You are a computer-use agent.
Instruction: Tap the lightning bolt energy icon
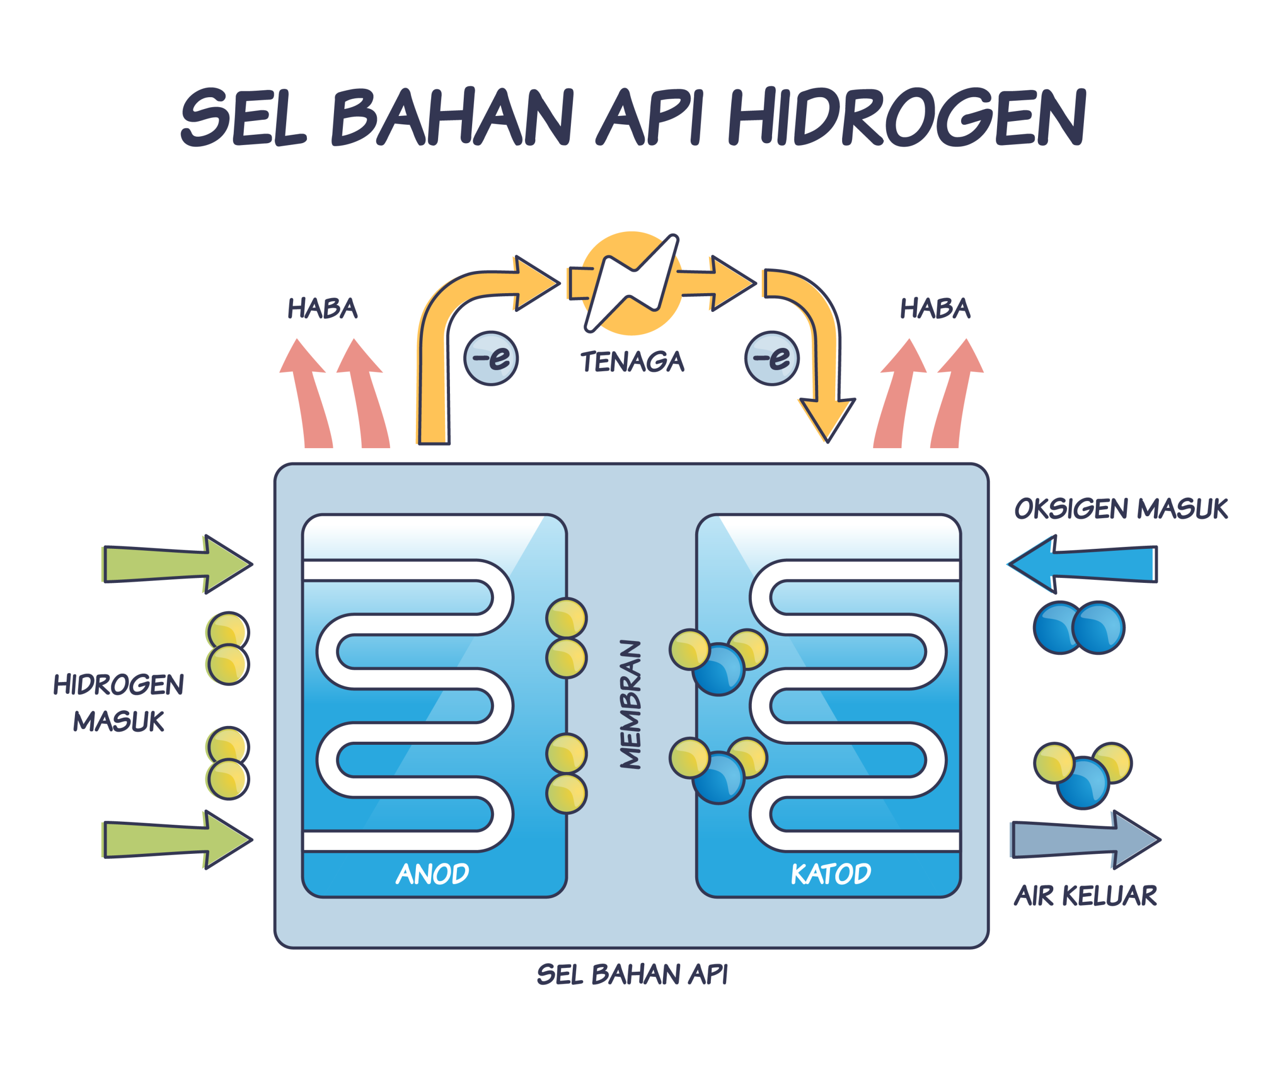pos(632,283)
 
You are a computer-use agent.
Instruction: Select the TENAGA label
pos(632,362)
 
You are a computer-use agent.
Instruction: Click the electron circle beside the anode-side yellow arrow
pos(491,358)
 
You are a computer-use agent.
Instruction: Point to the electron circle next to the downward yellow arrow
pos(772,358)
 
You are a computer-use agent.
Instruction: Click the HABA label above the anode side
pos(323,308)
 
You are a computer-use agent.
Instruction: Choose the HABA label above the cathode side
pos(935,308)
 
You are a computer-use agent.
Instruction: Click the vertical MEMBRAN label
pos(631,704)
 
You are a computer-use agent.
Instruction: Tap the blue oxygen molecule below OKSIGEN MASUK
pos(1079,628)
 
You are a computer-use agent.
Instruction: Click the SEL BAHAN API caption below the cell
pos(632,975)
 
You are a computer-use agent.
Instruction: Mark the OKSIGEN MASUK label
pos(1121,509)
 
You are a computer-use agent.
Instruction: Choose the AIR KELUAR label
pos(1085,896)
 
